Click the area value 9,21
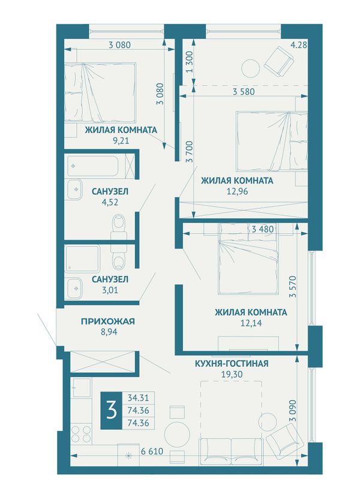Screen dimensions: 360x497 point(121,140)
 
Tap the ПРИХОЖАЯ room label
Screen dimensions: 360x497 point(108,321)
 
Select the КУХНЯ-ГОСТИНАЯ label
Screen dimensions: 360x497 point(232,363)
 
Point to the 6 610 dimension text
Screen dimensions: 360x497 point(152,451)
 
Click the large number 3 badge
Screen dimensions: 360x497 point(111,411)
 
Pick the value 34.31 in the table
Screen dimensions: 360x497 point(138,397)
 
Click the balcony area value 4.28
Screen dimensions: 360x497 point(299,45)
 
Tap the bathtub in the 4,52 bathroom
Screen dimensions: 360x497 point(92,165)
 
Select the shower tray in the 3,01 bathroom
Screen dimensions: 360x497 point(82,259)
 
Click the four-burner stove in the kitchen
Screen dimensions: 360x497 point(81,434)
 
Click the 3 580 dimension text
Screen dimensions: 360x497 point(244,92)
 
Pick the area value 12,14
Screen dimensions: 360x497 point(251,323)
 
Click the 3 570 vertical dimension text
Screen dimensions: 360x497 point(292,286)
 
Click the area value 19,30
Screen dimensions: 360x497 point(232,374)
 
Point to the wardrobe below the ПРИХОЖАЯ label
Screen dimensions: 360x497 point(104,362)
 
